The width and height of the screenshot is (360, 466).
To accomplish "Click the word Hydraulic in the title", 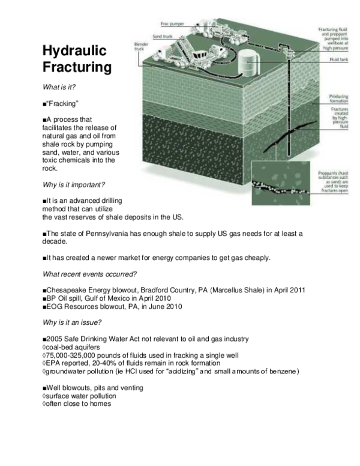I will tap(73, 52).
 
